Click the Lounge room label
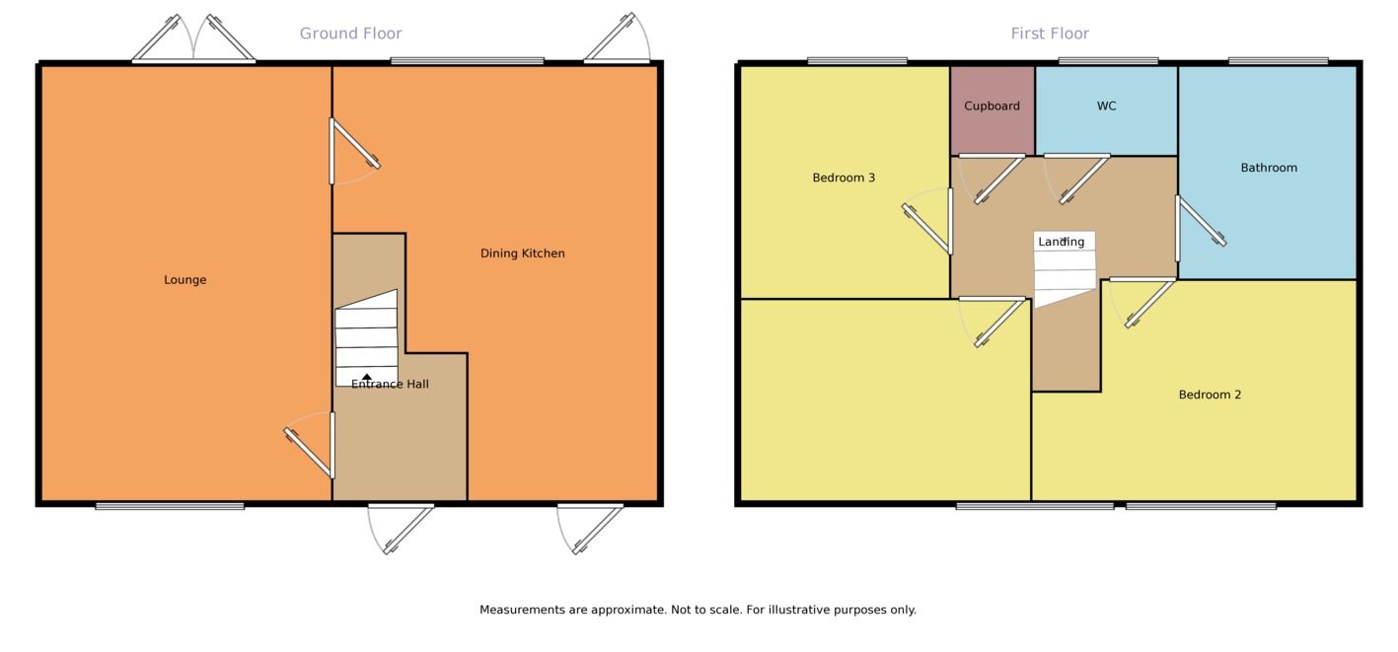coord(185,280)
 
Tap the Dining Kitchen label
coord(523,254)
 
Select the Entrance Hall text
coord(390,384)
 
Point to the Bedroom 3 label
coord(844,178)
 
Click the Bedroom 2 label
coord(1210,395)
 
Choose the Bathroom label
coord(1269,168)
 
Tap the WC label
coord(1106,106)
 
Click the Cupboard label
coord(992,106)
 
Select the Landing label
coord(1061,242)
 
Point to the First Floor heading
coord(1050,34)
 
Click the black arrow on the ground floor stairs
coord(367,377)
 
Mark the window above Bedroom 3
coord(856,61)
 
